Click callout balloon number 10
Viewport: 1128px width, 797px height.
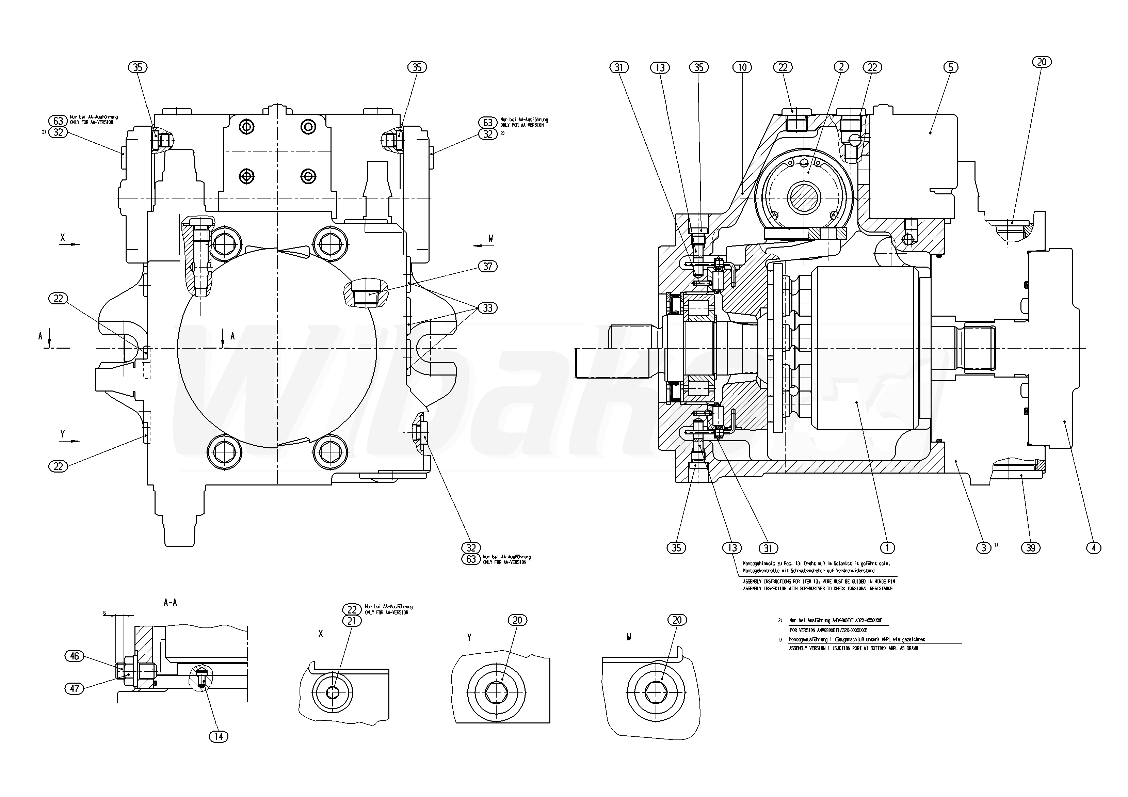742,67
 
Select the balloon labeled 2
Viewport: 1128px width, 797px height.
841,67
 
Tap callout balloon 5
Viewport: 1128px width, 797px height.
951,67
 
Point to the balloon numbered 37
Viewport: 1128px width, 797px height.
487,266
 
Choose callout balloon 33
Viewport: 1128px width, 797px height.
487,308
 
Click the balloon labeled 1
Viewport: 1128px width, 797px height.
887,547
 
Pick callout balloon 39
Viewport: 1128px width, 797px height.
1031,547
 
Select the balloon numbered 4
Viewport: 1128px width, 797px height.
1094,547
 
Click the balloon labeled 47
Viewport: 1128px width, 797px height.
74,688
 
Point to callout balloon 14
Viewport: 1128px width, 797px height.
219,736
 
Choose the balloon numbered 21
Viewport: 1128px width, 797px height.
352,621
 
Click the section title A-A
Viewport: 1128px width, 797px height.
170,602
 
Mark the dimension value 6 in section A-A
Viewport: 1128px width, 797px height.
104,613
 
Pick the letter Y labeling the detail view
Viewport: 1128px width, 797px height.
469,637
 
